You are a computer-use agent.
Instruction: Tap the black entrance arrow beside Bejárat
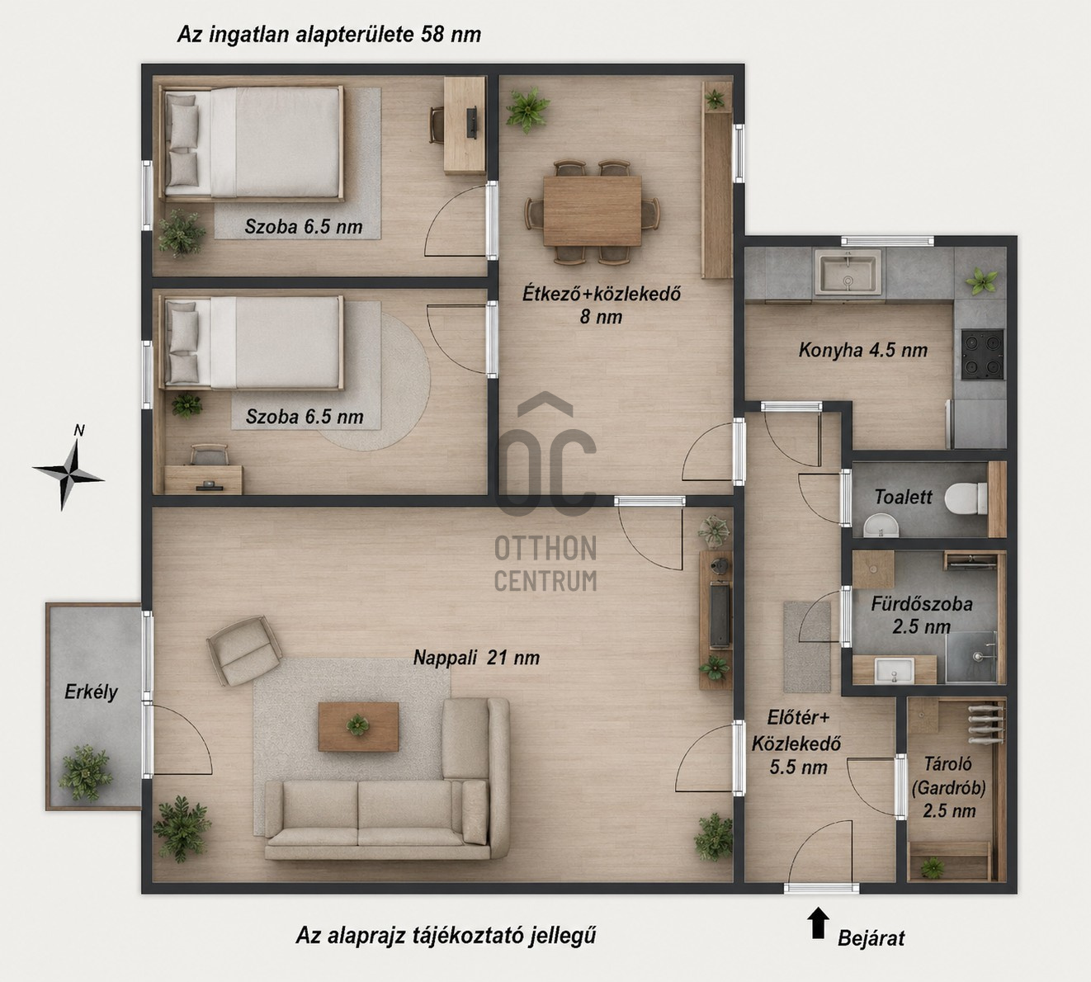(818, 923)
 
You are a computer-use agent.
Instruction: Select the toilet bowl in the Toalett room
(966, 498)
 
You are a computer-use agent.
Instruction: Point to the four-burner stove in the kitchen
(982, 354)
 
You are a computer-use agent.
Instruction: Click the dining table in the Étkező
(592, 211)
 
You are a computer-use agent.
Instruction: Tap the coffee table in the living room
(358, 727)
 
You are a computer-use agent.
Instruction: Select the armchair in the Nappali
(243, 650)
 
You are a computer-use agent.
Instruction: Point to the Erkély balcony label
(91, 692)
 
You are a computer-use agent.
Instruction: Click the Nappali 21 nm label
(476, 658)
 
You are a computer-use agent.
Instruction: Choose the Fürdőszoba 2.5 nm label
(922, 615)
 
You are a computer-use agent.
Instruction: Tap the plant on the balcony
(85, 773)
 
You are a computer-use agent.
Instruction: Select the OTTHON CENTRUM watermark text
(545, 564)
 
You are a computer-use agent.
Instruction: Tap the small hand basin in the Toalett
(881, 526)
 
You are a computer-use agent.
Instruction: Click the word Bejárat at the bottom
(871, 938)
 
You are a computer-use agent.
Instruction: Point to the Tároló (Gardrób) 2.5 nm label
(949, 787)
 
